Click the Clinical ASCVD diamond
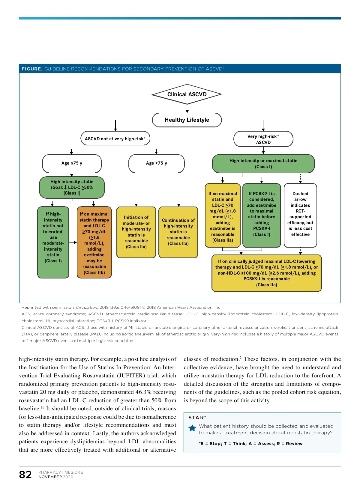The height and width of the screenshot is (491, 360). point(187,94)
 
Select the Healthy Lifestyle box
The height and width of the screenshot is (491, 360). point(187,120)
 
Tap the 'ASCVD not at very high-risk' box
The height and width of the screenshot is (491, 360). point(115,138)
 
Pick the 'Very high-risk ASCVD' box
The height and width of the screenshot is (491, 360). point(263,139)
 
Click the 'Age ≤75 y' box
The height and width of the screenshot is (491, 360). point(72,163)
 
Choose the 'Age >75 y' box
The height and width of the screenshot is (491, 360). point(156,163)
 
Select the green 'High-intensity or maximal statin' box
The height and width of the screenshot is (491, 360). point(263,164)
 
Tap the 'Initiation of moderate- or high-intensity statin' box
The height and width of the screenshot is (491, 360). point(136,232)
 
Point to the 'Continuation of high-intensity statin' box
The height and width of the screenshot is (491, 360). point(178,232)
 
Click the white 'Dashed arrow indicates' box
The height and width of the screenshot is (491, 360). point(300,215)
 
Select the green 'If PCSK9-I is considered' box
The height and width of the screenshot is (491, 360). point(262,215)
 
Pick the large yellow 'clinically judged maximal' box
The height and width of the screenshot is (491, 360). point(266,273)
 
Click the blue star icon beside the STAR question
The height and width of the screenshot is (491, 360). point(192,428)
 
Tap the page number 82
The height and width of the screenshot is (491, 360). point(25,475)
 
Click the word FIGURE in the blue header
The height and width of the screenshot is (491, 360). point(32,69)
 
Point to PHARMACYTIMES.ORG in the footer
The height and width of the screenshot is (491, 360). point(61,472)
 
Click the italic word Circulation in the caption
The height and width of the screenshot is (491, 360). point(87,307)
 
